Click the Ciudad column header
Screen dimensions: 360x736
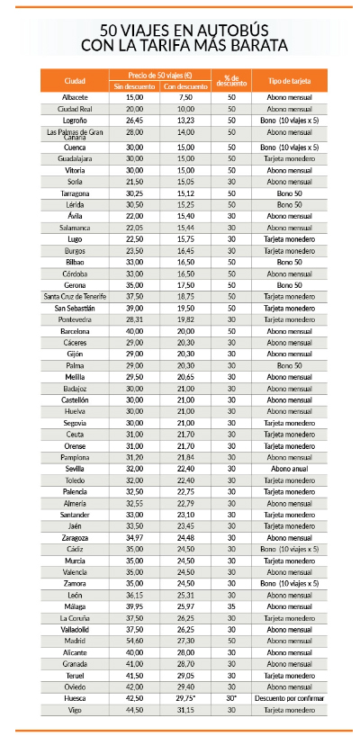(75, 80)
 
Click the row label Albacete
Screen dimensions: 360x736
(75, 96)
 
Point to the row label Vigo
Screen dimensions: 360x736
(75, 710)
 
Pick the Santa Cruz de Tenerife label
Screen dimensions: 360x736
(75, 296)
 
